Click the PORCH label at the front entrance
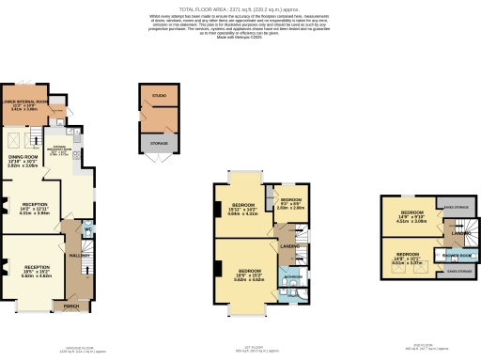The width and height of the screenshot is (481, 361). tap(71, 306)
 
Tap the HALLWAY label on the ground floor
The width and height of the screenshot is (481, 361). tap(79, 255)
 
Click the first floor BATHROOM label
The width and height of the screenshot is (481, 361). tap(292, 277)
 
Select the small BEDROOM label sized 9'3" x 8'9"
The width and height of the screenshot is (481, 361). tap(291, 199)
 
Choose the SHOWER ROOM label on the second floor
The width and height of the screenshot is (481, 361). tap(457, 255)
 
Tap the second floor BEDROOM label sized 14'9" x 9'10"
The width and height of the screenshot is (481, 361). tap(410, 214)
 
